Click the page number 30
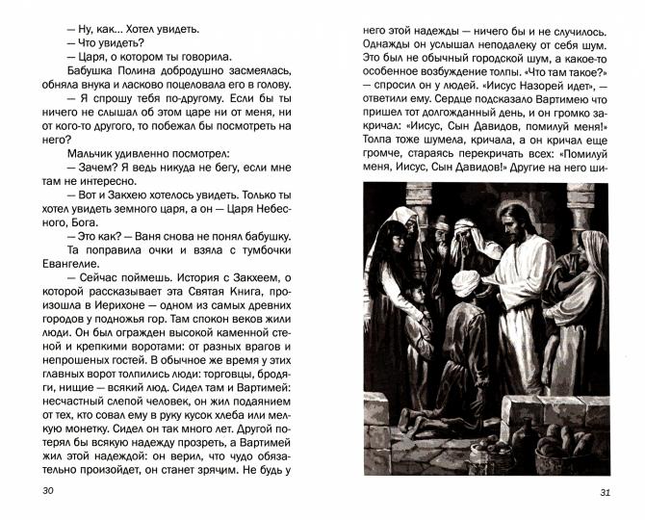48,493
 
